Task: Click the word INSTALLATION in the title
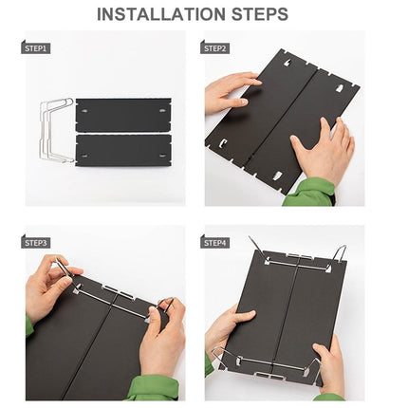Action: pos(161,14)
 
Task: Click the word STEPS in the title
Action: pos(260,14)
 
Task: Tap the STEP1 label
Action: pos(36,48)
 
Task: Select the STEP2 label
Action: pos(214,48)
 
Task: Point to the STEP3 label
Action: pos(36,243)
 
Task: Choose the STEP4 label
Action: pos(214,243)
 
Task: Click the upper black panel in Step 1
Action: pos(123,115)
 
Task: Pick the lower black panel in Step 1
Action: pos(123,151)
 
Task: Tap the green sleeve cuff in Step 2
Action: pos(308,193)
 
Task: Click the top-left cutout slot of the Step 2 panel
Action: pos(288,63)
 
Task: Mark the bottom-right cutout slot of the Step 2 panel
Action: pos(278,176)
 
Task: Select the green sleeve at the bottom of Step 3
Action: pos(155,388)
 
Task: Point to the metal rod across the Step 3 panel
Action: pos(113,301)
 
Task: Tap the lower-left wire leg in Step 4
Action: pos(220,357)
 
